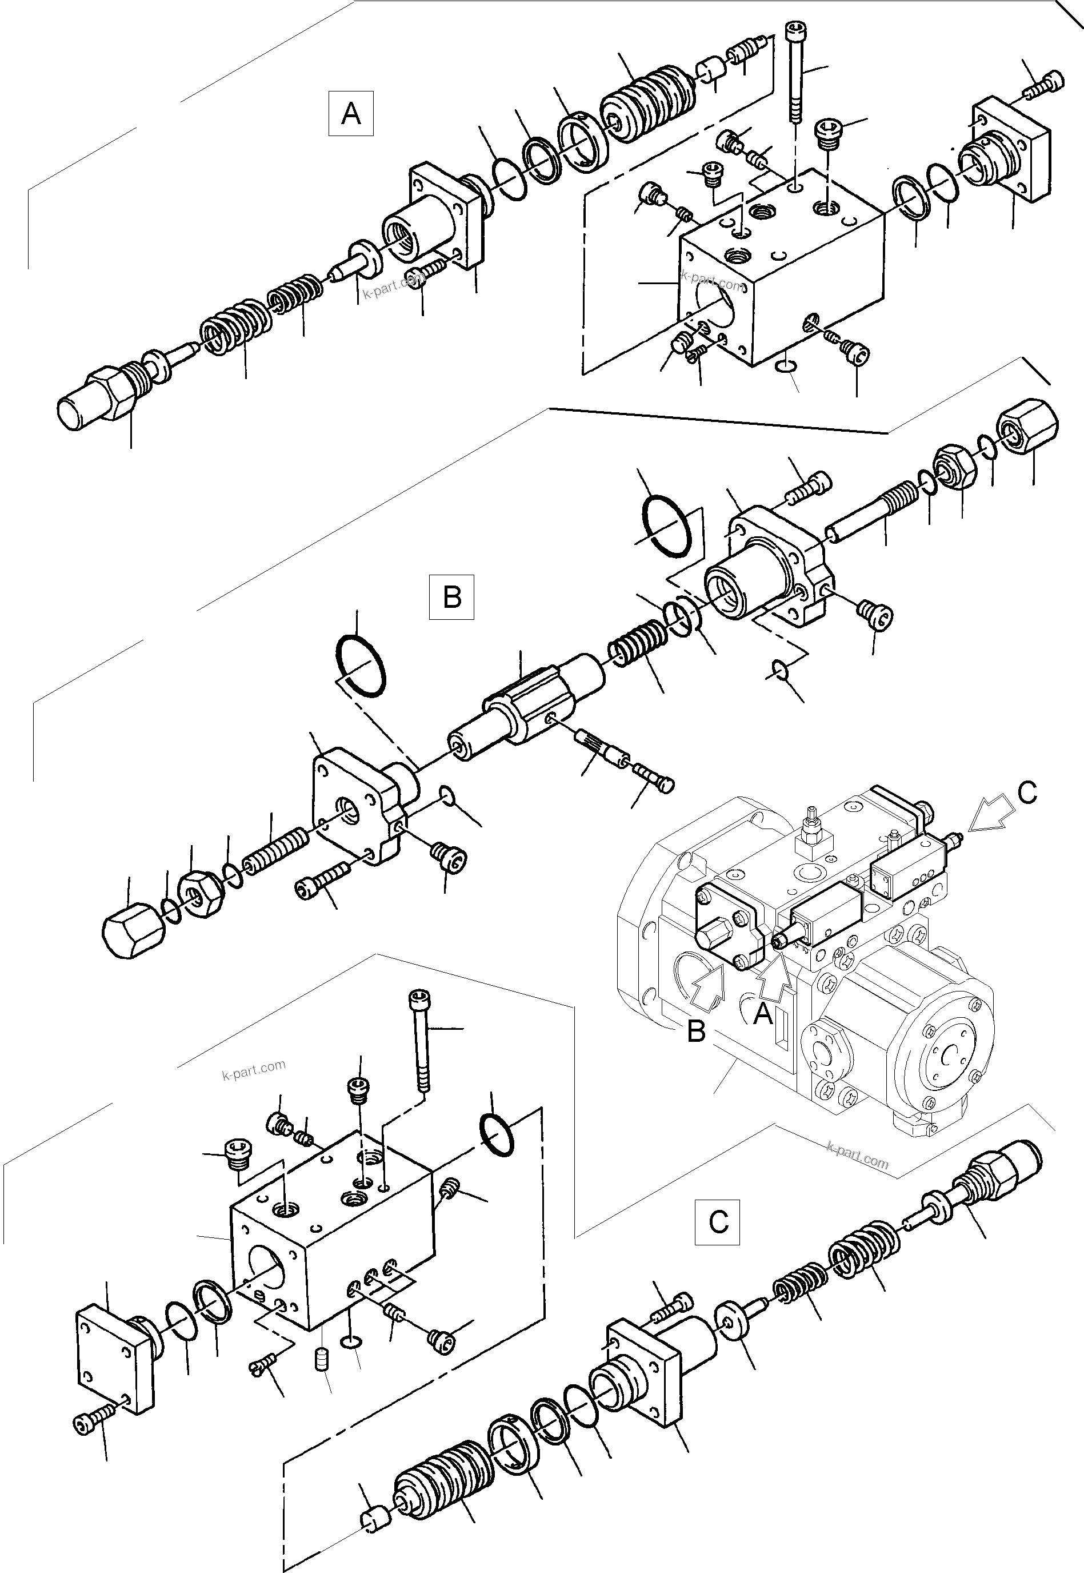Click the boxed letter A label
click(x=350, y=113)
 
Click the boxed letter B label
click(x=451, y=598)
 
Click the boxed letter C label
click(x=717, y=1222)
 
